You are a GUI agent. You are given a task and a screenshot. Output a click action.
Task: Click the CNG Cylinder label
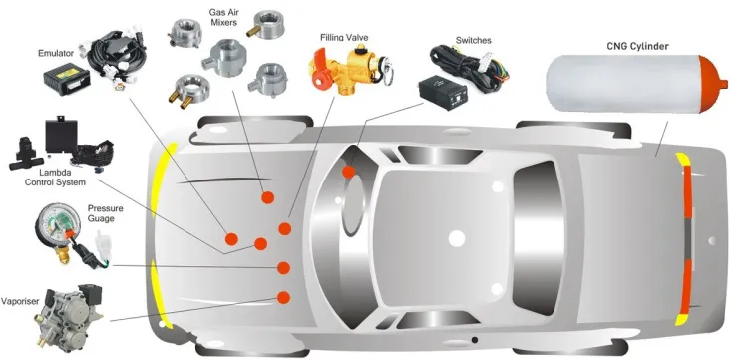[637, 46]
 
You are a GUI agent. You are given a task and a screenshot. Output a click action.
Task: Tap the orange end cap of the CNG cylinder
[711, 84]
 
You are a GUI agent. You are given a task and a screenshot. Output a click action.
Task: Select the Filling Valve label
[344, 37]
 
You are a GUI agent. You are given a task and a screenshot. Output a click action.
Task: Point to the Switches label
[473, 41]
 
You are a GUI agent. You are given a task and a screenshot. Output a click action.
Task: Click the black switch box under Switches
[443, 92]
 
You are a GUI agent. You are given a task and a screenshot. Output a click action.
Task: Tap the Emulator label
[56, 53]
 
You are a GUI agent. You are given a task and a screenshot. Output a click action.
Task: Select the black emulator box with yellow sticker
[67, 79]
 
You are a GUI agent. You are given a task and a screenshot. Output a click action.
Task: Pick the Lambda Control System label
[55, 177]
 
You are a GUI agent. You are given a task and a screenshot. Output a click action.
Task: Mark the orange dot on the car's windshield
[348, 172]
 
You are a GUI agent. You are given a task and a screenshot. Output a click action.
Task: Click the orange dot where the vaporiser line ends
[283, 297]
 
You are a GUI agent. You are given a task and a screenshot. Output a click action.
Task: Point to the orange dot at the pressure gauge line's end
[283, 268]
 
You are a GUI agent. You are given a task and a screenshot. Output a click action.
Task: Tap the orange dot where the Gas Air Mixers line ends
[268, 197]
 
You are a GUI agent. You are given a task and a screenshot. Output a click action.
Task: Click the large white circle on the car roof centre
[456, 238]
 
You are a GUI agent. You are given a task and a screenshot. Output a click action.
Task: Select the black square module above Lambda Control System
[61, 135]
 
